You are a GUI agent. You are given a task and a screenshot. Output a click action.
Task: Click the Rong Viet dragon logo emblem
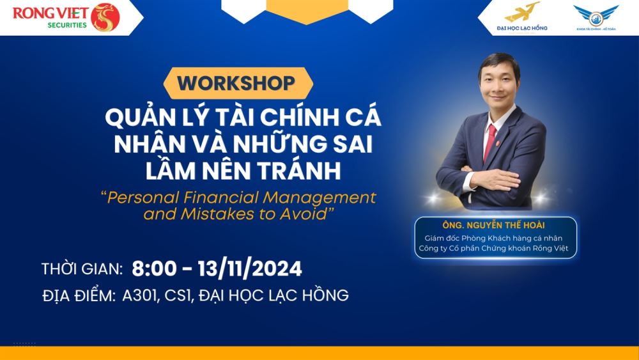[105, 17]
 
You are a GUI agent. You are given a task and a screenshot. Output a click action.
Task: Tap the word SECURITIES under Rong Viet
[67, 25]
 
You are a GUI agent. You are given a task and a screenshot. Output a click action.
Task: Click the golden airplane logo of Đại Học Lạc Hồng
[522, 12]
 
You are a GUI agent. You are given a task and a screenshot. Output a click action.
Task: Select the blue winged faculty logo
[596, 15]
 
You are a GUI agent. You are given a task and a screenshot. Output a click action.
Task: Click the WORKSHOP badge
[238, 83]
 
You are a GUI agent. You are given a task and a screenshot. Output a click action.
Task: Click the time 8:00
[154, 269]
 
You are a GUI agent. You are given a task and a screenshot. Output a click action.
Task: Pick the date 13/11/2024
[250, 269]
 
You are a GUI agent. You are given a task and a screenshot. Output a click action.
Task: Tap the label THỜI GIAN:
[82, 269]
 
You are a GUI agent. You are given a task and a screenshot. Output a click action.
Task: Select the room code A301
[139, 295]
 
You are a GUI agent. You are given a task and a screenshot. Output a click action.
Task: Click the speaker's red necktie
[489, 143]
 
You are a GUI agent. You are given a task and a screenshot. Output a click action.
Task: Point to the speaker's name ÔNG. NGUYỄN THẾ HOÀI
[493, 225]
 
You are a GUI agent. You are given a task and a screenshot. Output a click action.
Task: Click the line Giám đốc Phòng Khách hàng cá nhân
[493, 238]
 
